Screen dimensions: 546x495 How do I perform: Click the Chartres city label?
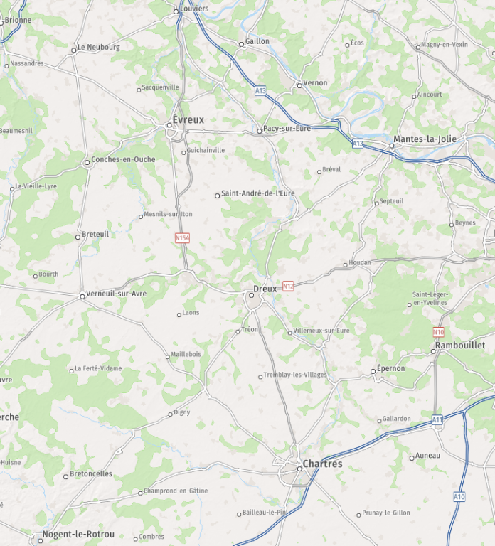(x=322, y=464)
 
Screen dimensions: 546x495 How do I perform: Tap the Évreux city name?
(x=188, y=120)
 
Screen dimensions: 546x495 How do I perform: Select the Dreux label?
(x=265, y=289)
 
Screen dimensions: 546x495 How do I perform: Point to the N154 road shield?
(x=183, y=237)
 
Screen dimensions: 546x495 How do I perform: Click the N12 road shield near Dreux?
(x=288, y=286)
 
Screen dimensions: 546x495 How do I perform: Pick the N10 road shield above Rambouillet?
(x=438, y=332)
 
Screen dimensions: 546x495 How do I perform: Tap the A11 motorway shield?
(x=437, y=421)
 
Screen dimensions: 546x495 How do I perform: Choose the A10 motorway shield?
(x=459, y=496)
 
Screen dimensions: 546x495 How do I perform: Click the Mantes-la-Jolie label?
(x=425, y=139)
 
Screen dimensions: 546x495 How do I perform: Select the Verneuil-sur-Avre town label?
(x=116, y=294)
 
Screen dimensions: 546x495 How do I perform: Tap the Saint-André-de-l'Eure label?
(x=257, y=193)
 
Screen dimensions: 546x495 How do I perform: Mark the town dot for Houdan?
(x=346, y=264)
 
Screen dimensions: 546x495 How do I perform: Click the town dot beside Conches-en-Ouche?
(x=87, y=162)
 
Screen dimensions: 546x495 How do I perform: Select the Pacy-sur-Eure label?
(x=287, y=129)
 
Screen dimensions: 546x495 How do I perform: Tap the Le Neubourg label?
(x=99, y=48)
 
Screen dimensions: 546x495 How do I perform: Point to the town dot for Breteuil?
(x=78, y=237)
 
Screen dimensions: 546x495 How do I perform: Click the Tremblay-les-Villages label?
(x=295, y=375)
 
